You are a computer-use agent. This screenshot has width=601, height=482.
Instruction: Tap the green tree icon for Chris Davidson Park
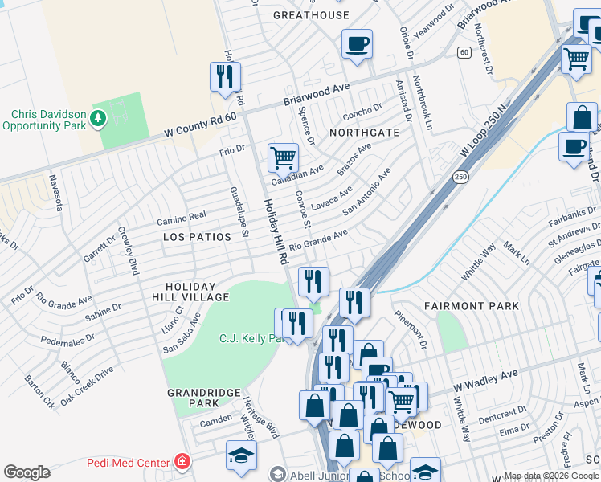click(x=98, y=119)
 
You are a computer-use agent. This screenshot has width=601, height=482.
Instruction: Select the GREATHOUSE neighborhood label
click(x=311, y=15)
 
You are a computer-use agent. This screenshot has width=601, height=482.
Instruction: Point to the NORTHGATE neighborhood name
click(x=364, y=132)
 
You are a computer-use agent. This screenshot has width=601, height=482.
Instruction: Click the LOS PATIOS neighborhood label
click(x=197, y=237)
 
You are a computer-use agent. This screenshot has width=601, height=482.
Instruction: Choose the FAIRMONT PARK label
click(x=471, y=306)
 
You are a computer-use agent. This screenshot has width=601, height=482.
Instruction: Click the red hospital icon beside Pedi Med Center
click(x=183, y=462)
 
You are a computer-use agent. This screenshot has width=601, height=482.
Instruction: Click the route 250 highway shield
click(x=460, y=177)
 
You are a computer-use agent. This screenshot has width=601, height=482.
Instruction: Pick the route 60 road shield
click(x=464, y=52)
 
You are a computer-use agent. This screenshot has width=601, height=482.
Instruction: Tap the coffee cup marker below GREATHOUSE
click(x=357, y=43)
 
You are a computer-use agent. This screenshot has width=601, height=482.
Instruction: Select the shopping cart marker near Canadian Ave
click(x=283, y=157)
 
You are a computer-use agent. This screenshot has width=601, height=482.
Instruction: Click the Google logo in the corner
click(x=27, y=472)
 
